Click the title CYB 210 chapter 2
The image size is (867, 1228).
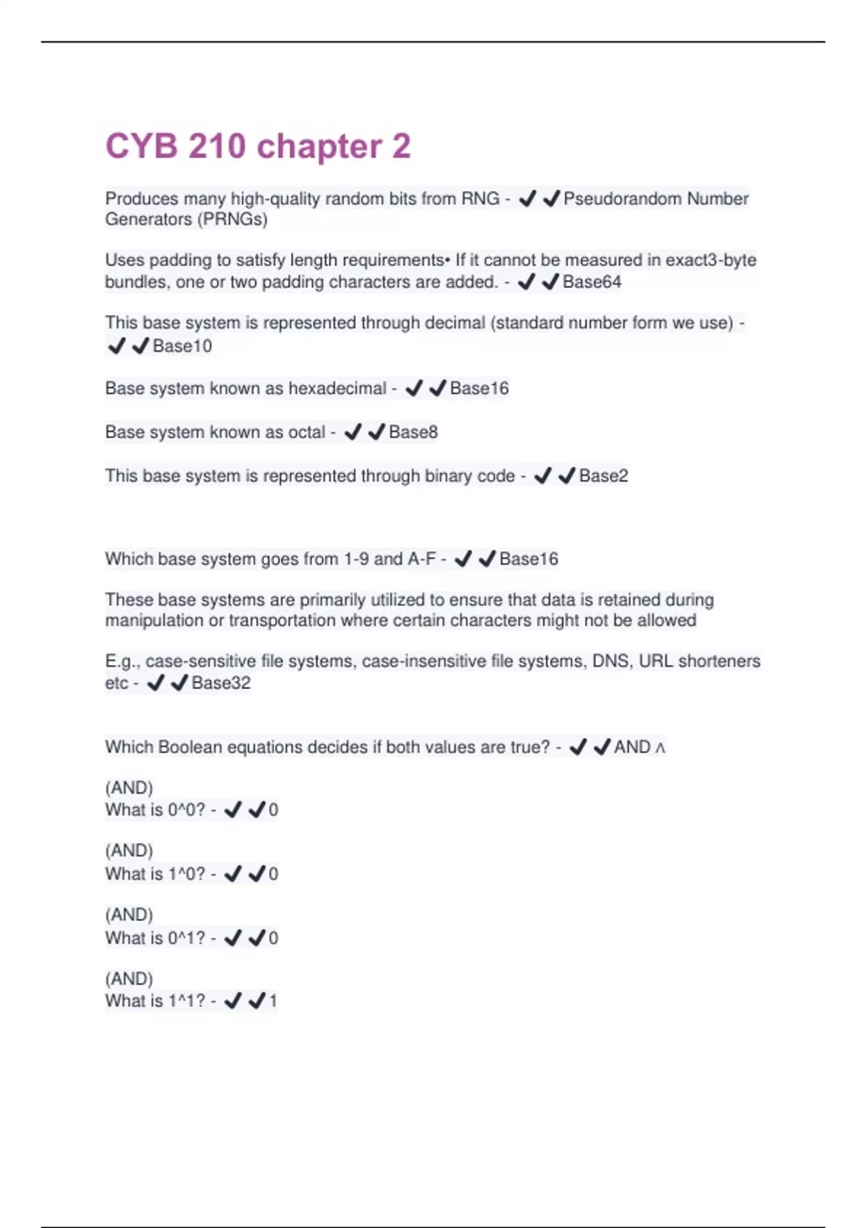(x=258, y=147)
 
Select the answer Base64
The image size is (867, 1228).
(x=592, y=282)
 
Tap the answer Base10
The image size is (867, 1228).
(x=182, y=346)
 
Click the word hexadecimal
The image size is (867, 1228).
(x=337, y=389)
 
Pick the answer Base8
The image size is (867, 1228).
(x=413, y=432)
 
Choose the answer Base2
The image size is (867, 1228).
(x=603, y=476)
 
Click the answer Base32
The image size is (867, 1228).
(x=221, y=683)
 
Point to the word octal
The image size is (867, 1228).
(x=297, y=432)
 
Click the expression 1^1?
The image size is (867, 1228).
(x=186, y=1001)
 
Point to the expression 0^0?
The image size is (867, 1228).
(x=186, y=810)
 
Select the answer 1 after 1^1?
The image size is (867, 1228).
(x=273, y=1001)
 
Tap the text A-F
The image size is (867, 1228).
(x=422, y=559)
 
